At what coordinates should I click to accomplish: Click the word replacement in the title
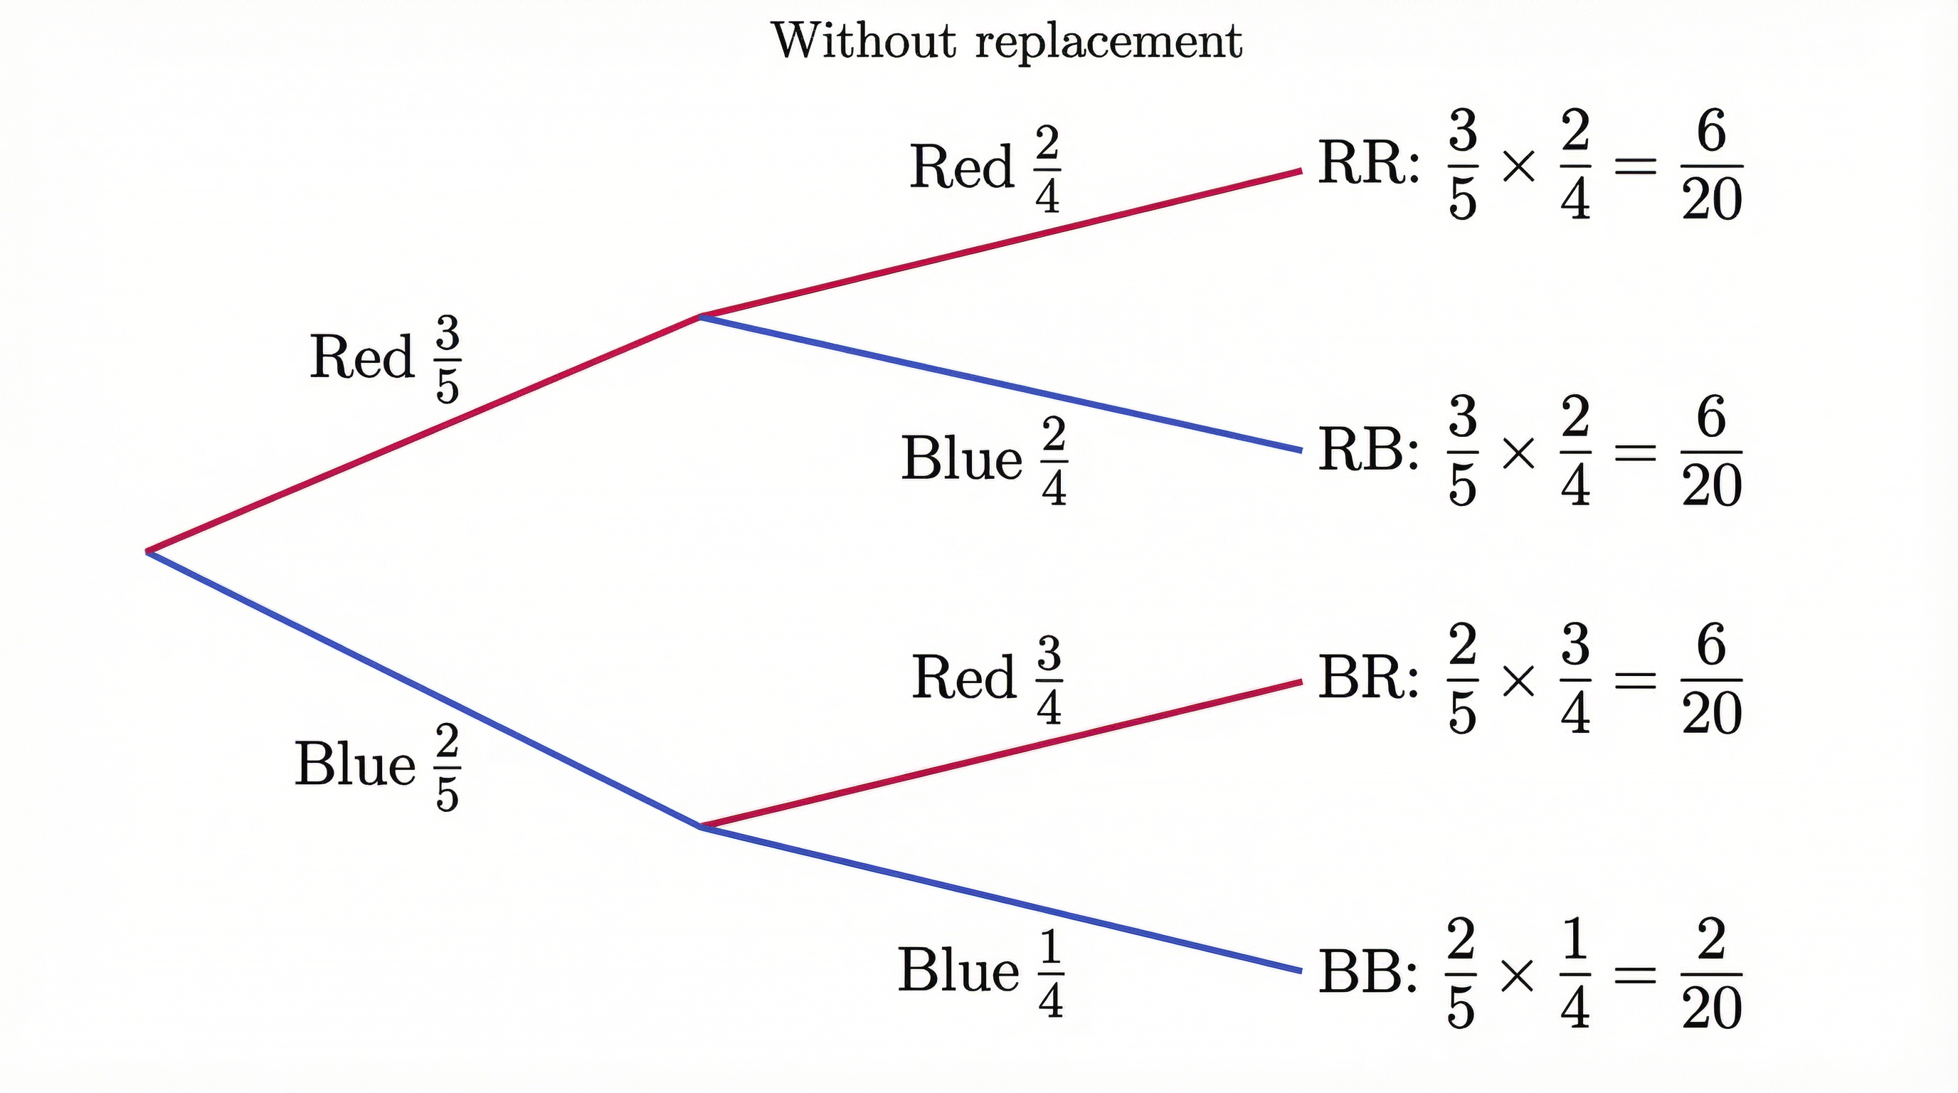click(1109, 42)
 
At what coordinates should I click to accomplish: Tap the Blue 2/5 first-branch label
click(377, 766)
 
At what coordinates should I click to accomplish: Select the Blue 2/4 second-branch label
click(983, 460)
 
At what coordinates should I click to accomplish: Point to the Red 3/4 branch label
click(987, 679)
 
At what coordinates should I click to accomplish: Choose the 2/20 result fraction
click(1712, 973)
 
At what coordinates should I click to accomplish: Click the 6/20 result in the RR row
click(1712, 165)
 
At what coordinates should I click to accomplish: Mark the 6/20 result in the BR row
click(1712, 679)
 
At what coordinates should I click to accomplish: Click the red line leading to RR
click(1003, 243)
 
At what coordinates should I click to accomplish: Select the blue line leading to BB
click(1003, 899)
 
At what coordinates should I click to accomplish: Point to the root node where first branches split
click(148, 551)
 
